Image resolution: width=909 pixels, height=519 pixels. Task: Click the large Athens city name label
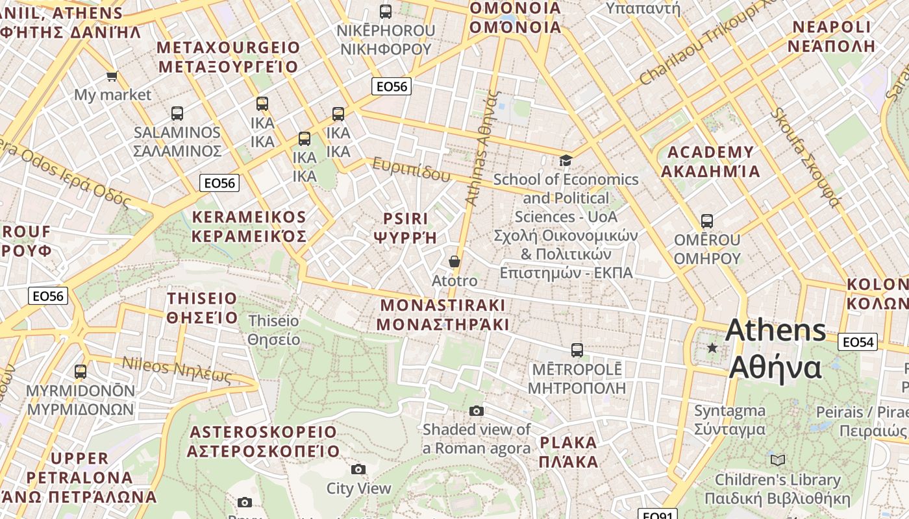(x=776, y=348)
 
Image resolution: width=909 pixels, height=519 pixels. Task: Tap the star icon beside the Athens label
(x=712, y=348)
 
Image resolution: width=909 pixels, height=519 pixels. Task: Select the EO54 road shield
(x=857, y=342)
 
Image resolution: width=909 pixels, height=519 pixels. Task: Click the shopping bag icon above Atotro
(x=454, y=261)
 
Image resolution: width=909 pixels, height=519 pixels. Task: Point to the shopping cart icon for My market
(x=112, y=76)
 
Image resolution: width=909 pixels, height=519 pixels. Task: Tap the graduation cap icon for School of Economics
(x=566, y=160)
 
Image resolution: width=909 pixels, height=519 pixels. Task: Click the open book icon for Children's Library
(x=777, y=460)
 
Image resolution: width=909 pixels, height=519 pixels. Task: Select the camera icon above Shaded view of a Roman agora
(x=477, y=411)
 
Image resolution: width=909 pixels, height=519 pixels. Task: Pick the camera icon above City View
(x=358, y=469)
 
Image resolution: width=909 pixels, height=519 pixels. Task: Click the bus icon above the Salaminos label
(x=177, y=114)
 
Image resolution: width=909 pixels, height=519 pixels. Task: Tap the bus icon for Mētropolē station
(x=577, y=350)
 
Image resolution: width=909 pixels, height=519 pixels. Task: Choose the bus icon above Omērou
(x=707, y=221)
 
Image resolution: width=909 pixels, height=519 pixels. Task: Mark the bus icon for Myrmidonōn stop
(x=81, y=372)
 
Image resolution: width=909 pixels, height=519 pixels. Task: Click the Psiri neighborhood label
(x=406, y=227)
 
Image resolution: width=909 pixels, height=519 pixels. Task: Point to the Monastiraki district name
(x=443, y=314)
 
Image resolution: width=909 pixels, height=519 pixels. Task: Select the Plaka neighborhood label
(x=569, y=452)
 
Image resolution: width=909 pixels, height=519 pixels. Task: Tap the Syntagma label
(x=730, y=420)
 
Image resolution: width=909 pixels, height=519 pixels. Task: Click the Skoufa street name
(x=804, y=157)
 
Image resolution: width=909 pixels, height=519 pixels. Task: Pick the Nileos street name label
(x=177, y=371)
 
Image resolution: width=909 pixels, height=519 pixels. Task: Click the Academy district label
(x=710, y=162)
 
